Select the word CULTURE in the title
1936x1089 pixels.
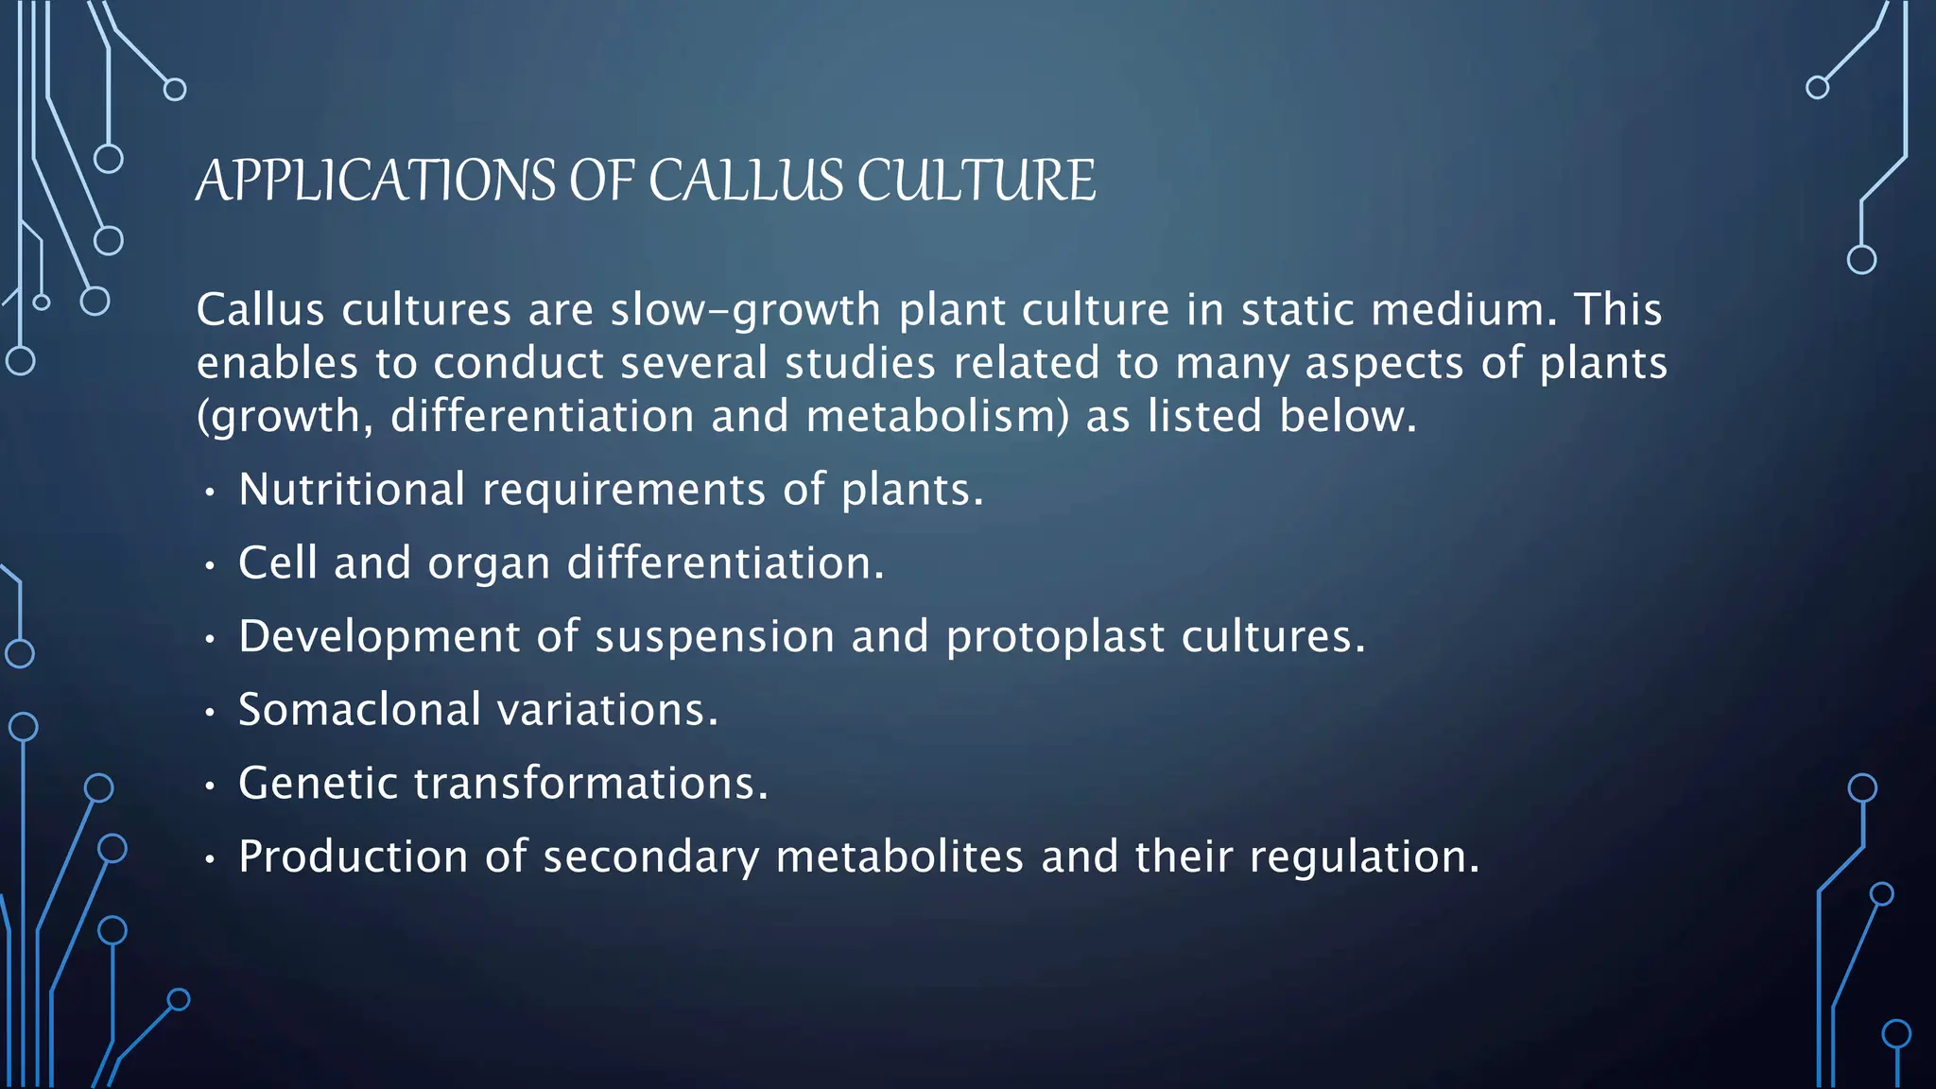[976, 181]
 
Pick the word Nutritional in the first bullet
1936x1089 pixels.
[352, 490]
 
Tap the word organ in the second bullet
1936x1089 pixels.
[489, 564]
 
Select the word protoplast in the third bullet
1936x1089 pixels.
[1055, 637]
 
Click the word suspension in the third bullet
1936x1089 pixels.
[715, 637]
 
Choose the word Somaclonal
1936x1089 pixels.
[360, 710]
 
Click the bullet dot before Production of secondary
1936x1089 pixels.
[210, 860]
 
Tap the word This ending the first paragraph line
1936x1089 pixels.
[1617, 310]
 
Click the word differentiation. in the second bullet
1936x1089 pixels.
[725, 563]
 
